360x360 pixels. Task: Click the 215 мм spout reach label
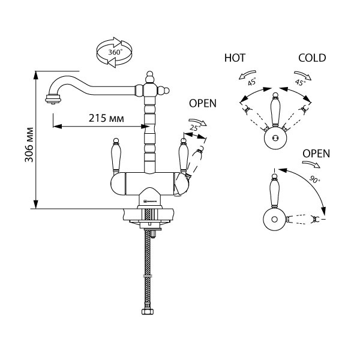pyautogui.click(x=102, y=117)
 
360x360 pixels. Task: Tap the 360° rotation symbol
pyautogui.click(x=115, y=52)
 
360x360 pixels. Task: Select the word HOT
pyautogui.click(x=235, y=58)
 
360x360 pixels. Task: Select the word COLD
pyautogui.click(x=312, y=58)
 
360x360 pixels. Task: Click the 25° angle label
pyautogui.click(x=194, y=128)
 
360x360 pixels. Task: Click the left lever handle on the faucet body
pyautogui.click(x=116, y=154)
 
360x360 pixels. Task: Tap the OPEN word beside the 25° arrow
pyautogui.click(x=203, y=103)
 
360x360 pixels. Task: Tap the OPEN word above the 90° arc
pyautogui.click(x=316, y=153)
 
